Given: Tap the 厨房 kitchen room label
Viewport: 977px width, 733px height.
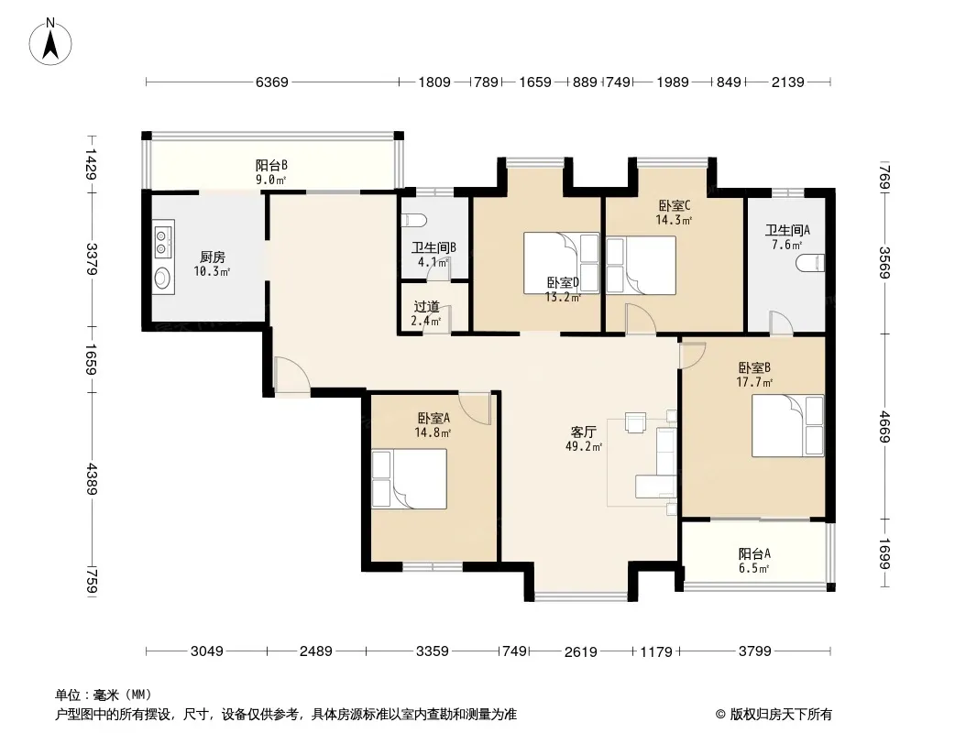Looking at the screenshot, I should tap(212, 257).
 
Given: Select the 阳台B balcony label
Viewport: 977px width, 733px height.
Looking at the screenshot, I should tap(271, 166).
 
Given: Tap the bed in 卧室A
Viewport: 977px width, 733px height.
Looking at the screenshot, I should tap(409, 478).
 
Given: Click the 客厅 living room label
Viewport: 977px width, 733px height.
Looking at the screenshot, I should tap(584, 432).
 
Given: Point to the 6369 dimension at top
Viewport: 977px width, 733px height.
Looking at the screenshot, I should tap(271, 82).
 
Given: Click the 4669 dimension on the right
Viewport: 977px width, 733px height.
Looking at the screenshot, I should tap(884, 428).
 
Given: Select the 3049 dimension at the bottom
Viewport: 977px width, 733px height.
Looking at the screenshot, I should tap(207, 651).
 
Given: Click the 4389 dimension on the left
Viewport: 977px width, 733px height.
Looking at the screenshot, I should tap(91, 477).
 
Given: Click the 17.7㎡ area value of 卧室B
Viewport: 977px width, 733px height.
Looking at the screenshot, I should tap(756, 382).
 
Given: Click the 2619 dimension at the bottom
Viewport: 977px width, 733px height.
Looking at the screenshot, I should tap(581, 651).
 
